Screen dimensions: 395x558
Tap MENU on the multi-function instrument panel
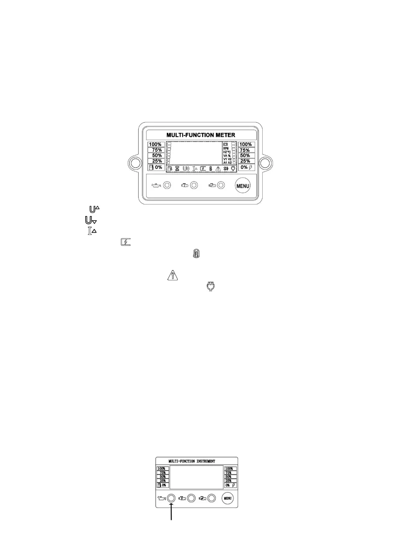228,498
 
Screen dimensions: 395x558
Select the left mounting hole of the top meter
135,163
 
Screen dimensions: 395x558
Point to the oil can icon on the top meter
156,185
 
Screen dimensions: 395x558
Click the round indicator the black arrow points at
171,498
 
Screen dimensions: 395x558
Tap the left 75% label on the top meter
156,150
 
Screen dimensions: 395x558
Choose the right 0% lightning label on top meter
246,167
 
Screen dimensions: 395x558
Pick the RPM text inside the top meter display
227,148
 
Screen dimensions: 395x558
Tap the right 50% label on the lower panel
229,476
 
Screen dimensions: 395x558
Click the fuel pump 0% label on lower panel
162,485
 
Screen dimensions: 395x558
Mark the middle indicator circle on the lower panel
191,498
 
